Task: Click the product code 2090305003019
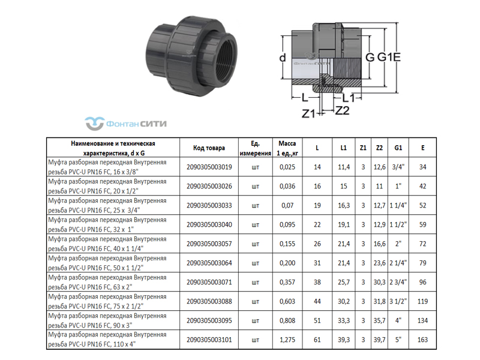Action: pyautogui.click(x=209, y=167)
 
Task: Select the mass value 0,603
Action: pyautogui.click(x=287, y=302)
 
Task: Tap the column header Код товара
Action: pyautogui.click(x=209, y=148)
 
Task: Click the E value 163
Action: pyautogui.click(x=422, y=340)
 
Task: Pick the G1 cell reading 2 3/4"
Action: pyautogui.click(x=398, y=282)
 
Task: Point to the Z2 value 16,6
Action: pyautogui.click(x=379, y=244)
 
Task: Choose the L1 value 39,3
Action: pyautogui.click(x=343, y=340)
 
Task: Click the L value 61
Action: pyautogui.click(x=317, y=340)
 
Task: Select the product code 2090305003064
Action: pyautogui.click(x=209, y=263)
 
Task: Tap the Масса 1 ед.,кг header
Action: pyautogui.click(x=287, y=148)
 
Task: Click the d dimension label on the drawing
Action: pyautogui.click(x=283, y=57)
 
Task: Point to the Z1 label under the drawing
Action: pyautogui.click(x=308, y=113)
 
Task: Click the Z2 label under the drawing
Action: pyautogui.click(x=342, y=110)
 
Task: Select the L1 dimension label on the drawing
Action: pyautogui.click(x=348, y=98)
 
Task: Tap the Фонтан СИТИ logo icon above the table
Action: pyautogui.click(x=94, y=124)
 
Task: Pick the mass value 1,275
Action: pyautogui.click(x=287, y=340)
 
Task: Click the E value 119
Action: pyautogui.click(x=422, y=302)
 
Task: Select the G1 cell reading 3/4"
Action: pyautogui.click(x=398, y=167)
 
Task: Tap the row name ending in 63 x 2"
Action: pyautogui.click(x=107, y=282)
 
